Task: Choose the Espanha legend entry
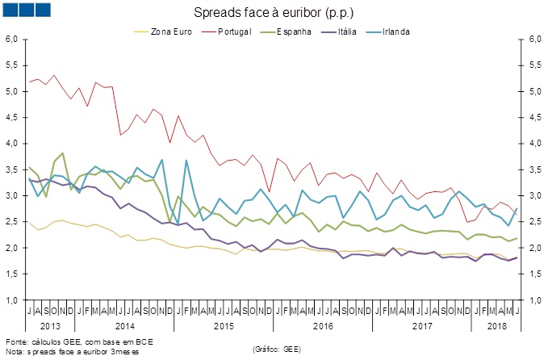295,31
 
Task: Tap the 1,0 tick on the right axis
535,300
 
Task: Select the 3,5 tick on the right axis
535,170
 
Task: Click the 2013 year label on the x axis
50,327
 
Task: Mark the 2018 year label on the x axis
495,327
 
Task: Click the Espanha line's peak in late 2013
63,153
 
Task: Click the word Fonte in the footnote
17,343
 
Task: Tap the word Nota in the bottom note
15,352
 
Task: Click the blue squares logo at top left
27,9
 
